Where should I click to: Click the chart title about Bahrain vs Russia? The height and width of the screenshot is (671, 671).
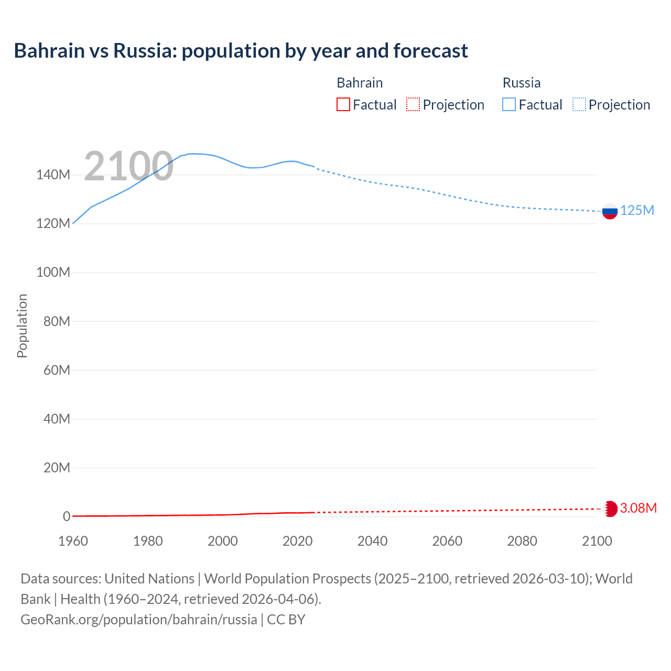(241, 51)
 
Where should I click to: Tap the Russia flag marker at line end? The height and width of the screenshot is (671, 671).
(610, 211)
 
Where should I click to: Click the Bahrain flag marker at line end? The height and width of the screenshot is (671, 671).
(610, 508)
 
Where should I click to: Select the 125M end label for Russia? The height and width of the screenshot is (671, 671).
(637, 211)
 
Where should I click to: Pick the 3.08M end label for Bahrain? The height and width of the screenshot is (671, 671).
(638, 508)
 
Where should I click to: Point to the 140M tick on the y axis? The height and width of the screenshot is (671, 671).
(53, 175)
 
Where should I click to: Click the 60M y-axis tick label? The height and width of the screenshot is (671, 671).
(57, 371)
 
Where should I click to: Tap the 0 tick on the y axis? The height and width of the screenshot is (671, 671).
(66, 517)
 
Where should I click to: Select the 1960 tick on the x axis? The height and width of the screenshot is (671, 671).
(73, 541)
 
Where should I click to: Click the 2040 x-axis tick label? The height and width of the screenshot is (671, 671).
(372, 541)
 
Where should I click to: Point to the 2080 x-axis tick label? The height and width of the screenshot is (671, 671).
(522, 541)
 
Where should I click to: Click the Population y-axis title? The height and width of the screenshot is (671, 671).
(22, 326)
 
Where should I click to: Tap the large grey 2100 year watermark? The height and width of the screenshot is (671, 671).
(128, 166)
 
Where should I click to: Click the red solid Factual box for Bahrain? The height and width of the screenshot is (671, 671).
(343, 105)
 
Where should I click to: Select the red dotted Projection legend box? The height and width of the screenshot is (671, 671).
(413, 105)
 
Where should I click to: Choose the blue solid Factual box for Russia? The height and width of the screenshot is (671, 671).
(509, 105)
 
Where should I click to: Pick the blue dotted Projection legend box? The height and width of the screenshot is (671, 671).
(579, 105)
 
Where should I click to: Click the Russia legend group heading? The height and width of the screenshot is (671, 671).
(521, 83)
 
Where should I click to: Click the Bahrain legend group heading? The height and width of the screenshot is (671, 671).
(360, 83)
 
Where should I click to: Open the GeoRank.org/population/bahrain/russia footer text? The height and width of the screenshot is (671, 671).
(139, 620)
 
